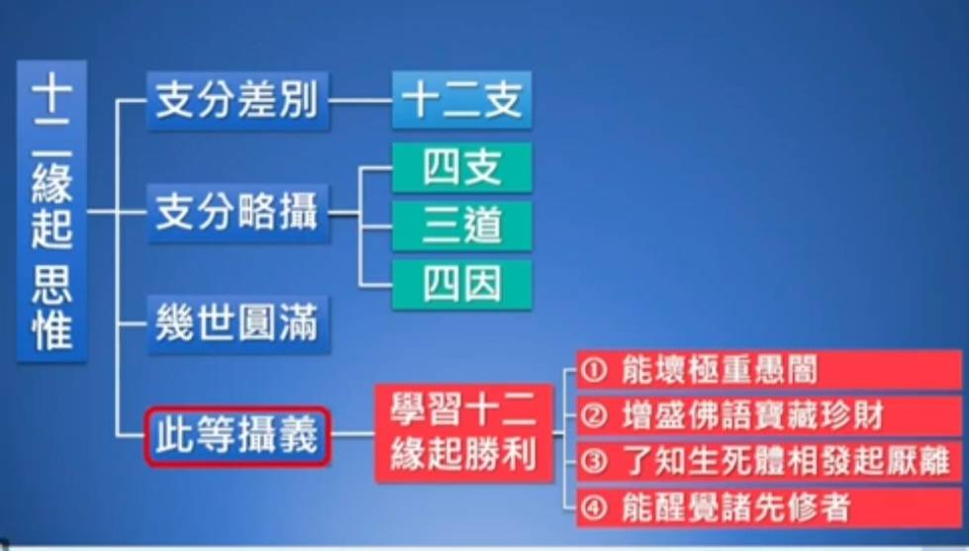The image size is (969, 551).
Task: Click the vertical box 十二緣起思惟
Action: pyautogui.click(x=51, y=211)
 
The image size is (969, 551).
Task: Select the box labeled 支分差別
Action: pyautogui.click(x=238, y=101)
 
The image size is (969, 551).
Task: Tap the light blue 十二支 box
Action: pyautogui.click(x=461, y=100)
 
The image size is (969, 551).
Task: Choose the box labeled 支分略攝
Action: pyautogui.click(x=238, y=213)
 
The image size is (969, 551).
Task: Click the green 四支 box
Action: pyautogui.click(x=461, y=168)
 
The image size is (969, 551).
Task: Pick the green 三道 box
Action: pyautogui.click(x=461, y=227)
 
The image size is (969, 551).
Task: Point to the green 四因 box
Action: pyautogui.click(x=461, y=284)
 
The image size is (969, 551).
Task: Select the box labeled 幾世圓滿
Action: pyautogui.click(x=238, y=324)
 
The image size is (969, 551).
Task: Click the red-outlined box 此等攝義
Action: pyautogui.click(x=238, y=435)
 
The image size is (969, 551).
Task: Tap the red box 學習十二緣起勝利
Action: pyautogui.click(x=463, y=433)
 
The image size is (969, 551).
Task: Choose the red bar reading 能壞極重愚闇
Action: pyautogui.click(x=769, y=370)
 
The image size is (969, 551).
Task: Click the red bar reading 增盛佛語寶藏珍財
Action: pyautogui.click(x=769, y=415)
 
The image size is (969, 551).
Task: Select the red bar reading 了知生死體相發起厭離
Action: pyautogui.click(x=769, y=461)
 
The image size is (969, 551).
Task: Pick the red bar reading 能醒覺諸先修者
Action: pyautogui.click(x=769, y=507)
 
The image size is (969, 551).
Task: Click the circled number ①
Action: pyautogui.click(x=595, y=371)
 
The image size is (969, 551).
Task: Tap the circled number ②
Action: pyautogui.click(x=595, y=416)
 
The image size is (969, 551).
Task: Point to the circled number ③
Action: pyautogui.click(x=595, y=462)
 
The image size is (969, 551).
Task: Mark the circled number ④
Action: pyautogui.click(x=595, y=507)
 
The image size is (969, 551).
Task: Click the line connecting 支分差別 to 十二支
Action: pyautogui.click(x=361, y=101)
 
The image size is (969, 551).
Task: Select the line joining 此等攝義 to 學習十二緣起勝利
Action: pyautogui.click(x=353, y=434)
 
